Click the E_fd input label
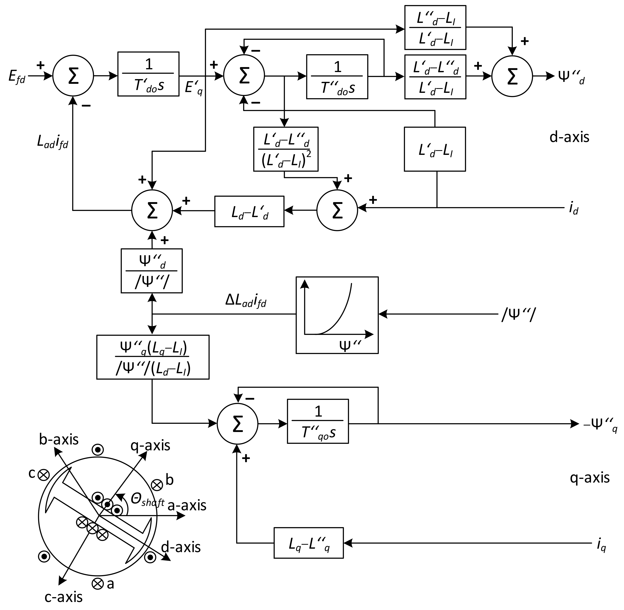17,77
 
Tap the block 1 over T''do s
337,77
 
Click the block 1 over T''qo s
318,421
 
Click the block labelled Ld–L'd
249,211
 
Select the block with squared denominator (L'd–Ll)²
286,149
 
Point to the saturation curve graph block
337,315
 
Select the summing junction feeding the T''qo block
237,424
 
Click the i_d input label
573,209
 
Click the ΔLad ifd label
246,302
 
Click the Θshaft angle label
147,500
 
